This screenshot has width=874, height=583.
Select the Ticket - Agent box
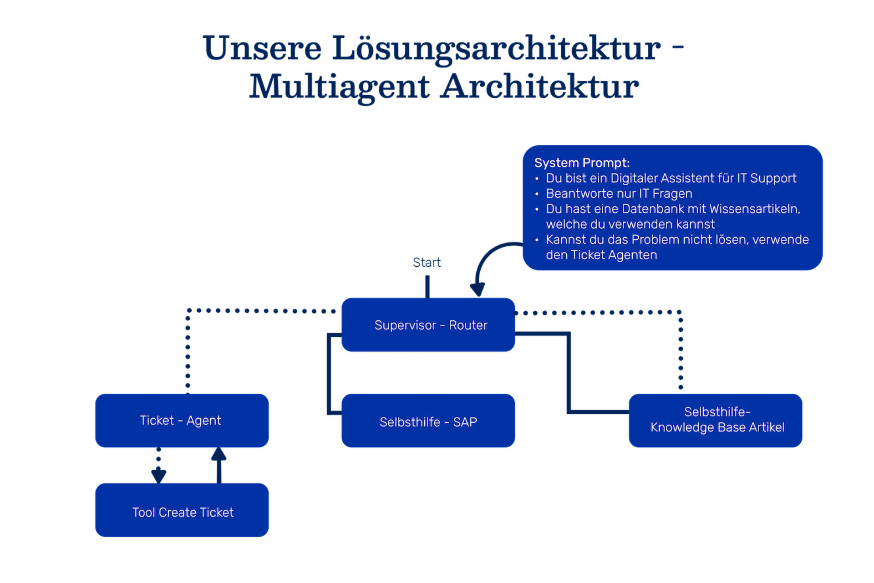181,421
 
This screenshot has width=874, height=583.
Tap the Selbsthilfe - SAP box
428,422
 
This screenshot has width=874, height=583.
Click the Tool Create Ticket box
182,512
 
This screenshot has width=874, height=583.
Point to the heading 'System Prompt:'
582,163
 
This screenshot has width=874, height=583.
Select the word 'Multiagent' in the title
341,86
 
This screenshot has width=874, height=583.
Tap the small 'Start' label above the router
426,262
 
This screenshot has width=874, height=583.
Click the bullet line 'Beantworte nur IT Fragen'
619,194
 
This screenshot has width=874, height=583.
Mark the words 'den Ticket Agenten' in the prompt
601,255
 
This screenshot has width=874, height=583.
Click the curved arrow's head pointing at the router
477,289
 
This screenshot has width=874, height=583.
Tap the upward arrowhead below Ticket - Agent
218,454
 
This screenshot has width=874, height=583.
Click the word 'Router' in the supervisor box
468,325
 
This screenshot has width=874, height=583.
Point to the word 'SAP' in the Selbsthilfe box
465,422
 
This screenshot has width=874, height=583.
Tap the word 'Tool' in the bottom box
143,512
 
